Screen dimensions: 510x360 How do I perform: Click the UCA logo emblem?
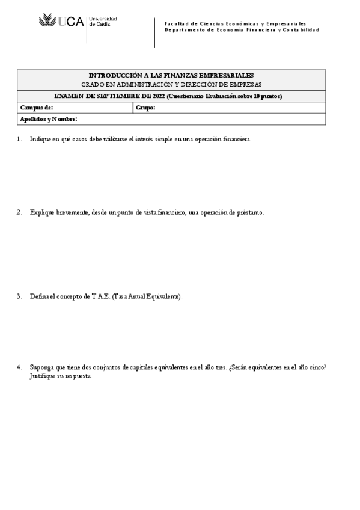[x=47, y=22]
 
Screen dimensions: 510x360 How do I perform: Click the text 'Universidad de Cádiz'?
[x=103, y=21]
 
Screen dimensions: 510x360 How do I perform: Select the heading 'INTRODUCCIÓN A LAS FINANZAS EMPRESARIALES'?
[x=171, y=75]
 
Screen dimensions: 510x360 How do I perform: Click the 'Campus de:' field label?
[x=37, y=107]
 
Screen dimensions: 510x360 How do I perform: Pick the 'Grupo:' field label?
[x=146, y=107]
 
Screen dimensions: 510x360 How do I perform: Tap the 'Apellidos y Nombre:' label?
[x=49, y=118]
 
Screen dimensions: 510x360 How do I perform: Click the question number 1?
[x=19, y=139]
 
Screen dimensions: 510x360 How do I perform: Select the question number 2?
[x=19, y=212]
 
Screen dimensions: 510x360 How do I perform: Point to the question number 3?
[x=19, y=296]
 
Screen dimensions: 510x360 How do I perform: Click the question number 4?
[x=19, y=367]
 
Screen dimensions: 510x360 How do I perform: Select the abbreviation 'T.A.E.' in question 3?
[x=100, y=296]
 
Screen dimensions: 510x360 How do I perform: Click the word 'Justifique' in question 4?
[x=41, y=375]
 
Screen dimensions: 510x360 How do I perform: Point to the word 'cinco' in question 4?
[x=323, y=367]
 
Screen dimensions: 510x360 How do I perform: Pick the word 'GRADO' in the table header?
[x=91, y=85]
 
